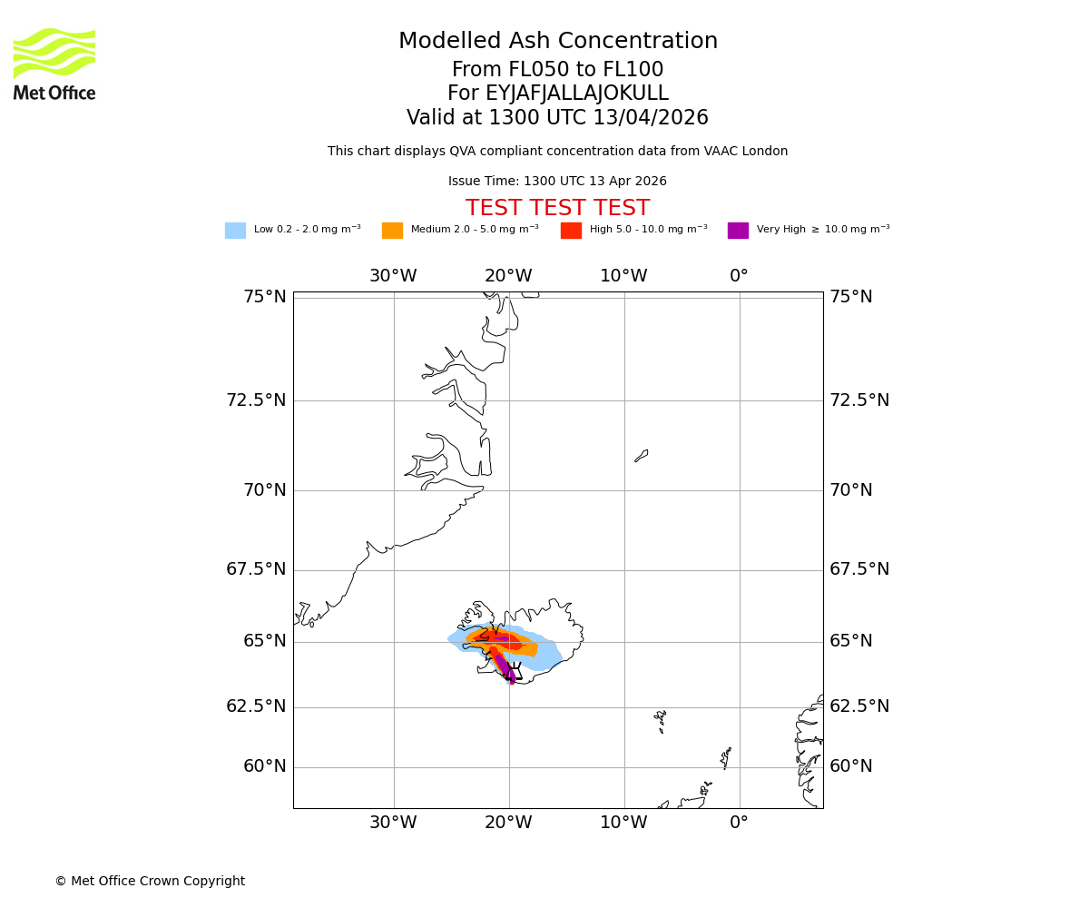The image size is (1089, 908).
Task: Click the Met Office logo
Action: (54, 64)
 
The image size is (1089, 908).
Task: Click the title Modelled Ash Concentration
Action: (557, 42)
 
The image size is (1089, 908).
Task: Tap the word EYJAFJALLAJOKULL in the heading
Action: (557, 94)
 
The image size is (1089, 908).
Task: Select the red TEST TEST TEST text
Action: (557, 209)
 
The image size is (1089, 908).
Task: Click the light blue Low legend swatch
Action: (235, 231)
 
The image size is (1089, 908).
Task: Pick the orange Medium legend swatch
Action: (392, 231)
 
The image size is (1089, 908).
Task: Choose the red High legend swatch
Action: (571, 231)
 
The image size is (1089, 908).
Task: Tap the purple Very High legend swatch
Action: (738, 231)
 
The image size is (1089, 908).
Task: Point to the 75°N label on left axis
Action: (264, 297)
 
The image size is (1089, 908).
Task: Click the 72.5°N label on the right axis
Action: (858, 400)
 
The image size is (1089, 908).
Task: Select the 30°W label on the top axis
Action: (393, 276)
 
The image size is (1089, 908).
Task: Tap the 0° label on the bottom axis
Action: (739, 823)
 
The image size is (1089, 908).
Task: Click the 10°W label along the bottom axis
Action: (623, 823)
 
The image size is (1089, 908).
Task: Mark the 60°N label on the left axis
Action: (264, 766)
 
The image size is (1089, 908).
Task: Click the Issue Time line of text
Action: (557, 182)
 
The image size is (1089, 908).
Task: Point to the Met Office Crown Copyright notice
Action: (150, 882)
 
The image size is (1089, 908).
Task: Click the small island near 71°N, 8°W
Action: (642, 456)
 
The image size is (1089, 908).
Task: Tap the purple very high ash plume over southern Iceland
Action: (505, 667)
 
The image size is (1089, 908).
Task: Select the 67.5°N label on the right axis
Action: (858, 569)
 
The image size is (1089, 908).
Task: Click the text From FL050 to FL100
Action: (557, 70)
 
